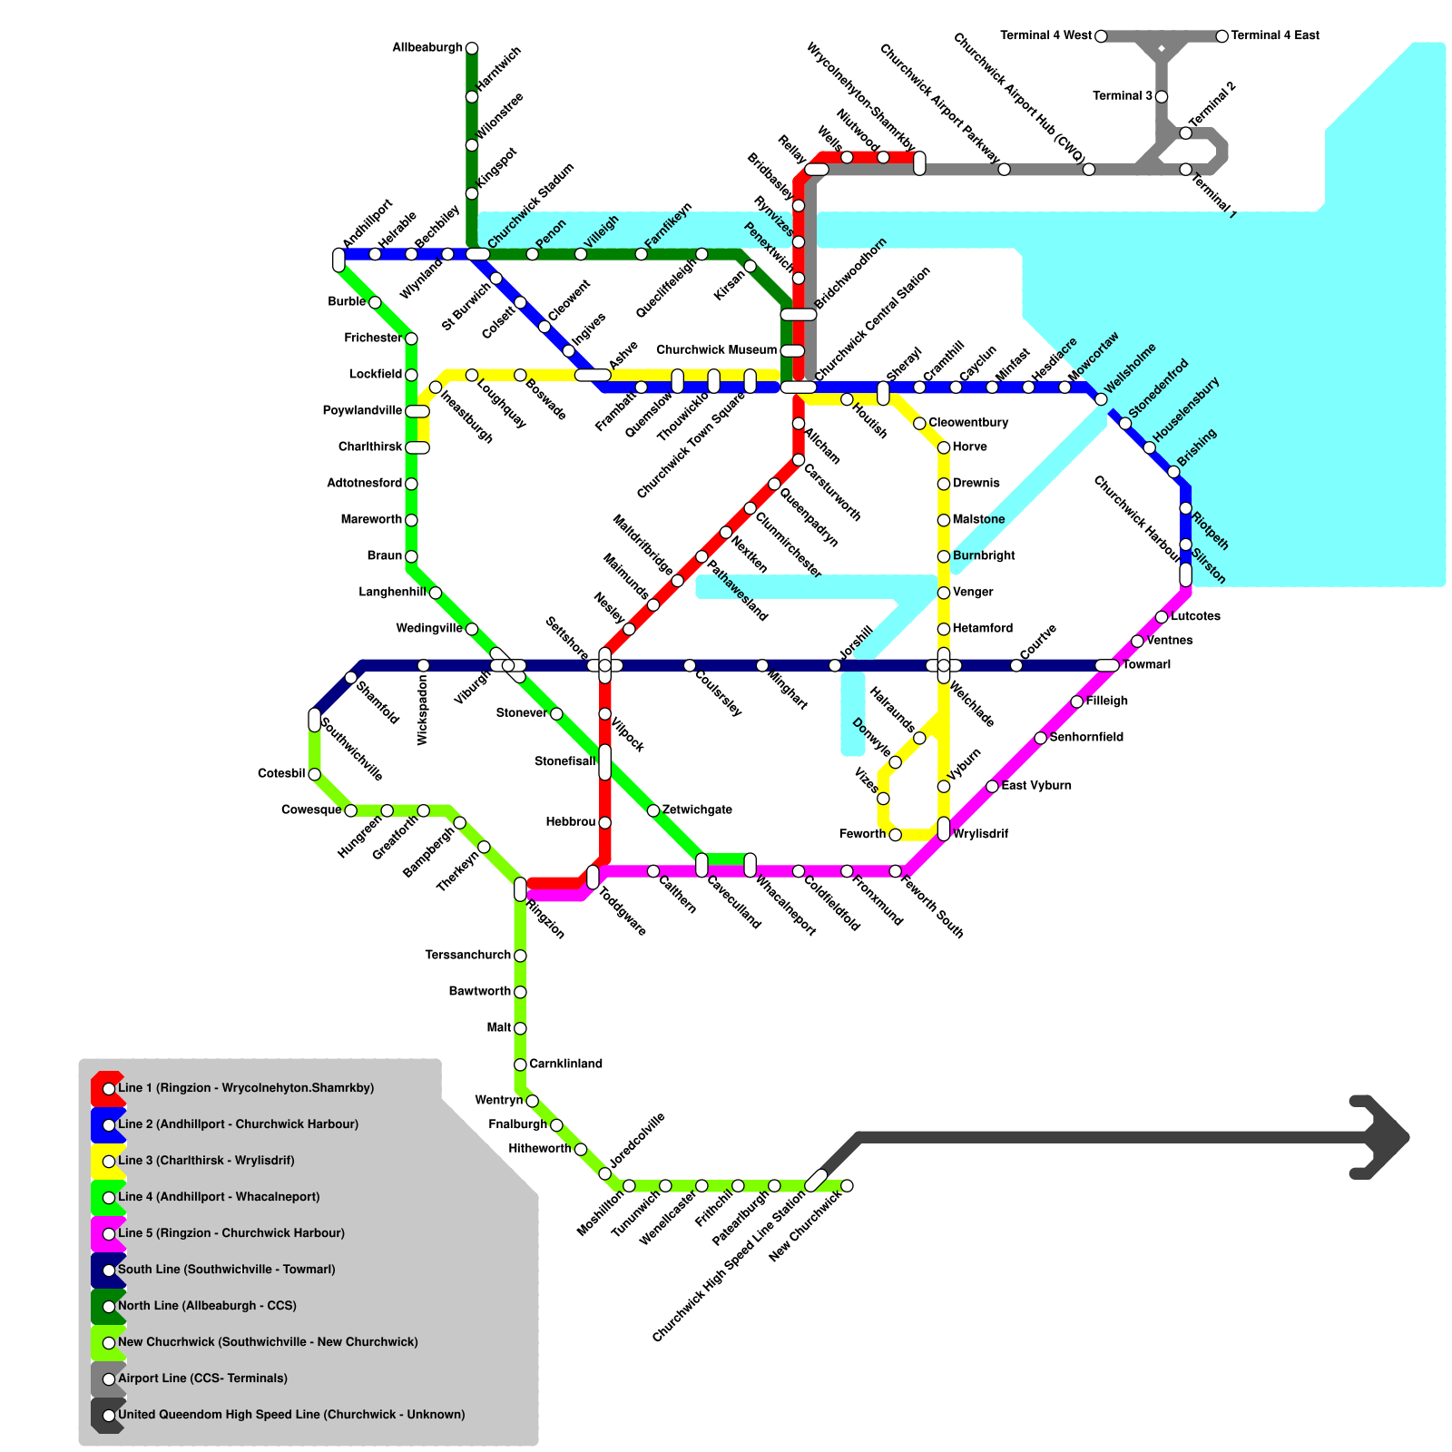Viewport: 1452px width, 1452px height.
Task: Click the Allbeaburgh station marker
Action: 471,48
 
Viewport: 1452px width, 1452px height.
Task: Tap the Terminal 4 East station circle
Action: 1221,36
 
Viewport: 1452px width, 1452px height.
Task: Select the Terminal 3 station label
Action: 1123,96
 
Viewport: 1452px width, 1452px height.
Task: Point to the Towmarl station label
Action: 1146,665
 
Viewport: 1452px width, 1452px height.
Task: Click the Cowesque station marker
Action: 350,810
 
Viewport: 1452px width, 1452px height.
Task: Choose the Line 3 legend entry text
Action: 206,1161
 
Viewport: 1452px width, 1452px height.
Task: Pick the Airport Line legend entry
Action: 202,1378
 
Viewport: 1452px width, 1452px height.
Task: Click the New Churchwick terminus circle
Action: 847,1185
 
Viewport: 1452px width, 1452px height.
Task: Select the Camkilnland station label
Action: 565,1064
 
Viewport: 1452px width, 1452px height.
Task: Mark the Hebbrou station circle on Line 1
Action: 604,823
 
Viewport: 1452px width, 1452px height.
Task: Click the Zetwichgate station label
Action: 697,809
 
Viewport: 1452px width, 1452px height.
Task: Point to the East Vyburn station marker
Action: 992,786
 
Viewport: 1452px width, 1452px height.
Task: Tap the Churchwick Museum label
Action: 716,350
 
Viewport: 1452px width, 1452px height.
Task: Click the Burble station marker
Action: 375,302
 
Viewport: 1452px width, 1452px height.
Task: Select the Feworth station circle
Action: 895,835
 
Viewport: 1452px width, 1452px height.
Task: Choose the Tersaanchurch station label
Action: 467,956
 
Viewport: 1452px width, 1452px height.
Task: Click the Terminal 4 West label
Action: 1045,36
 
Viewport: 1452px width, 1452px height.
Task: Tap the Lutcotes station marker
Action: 1161,617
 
